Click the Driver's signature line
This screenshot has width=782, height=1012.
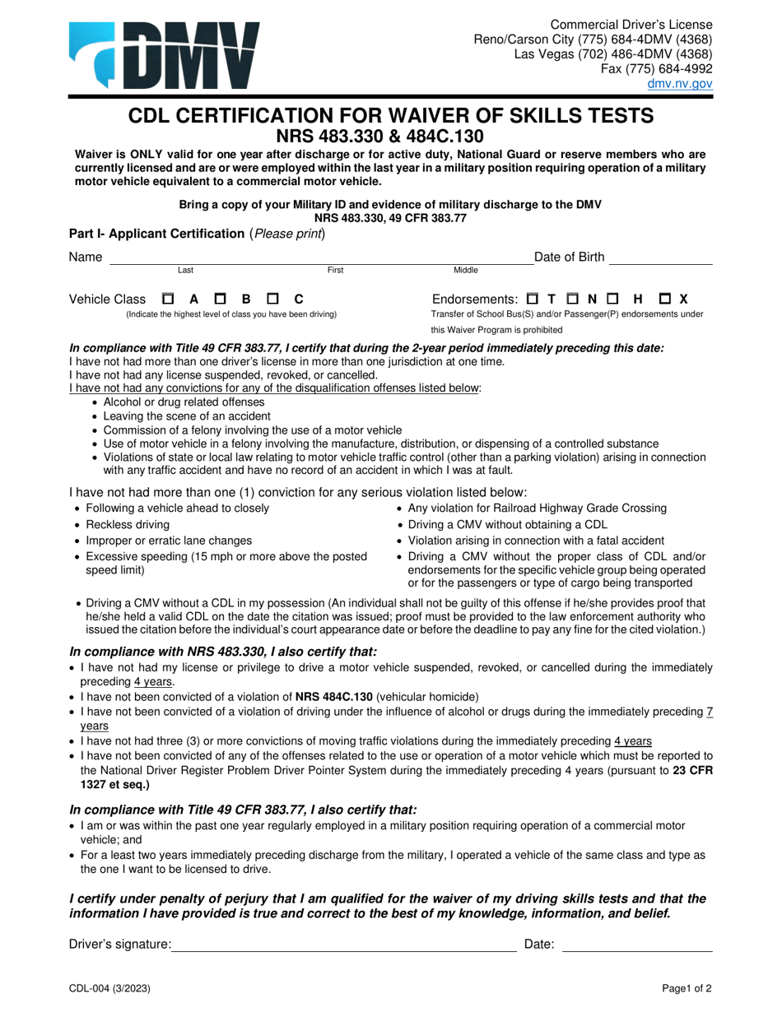(x=344, y=946)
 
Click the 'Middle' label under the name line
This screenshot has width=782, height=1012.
(x=466, y=270)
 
